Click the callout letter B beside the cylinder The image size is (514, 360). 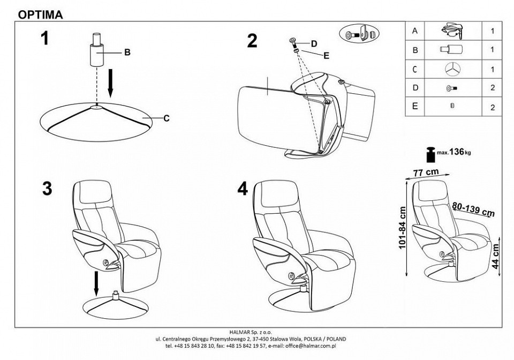point(127,52)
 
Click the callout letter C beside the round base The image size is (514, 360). point(166,118)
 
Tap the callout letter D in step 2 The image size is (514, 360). point(314,43)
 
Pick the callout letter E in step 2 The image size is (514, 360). point(326,54)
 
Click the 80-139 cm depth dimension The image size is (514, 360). point(472,209)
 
